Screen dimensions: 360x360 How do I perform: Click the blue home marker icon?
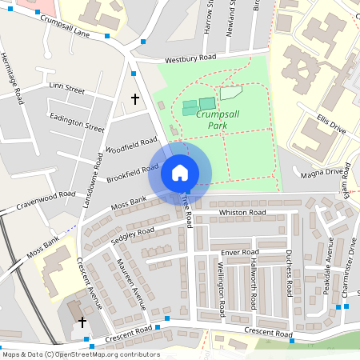(x=180, y=173)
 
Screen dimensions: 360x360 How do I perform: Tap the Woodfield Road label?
(x=130, y=144)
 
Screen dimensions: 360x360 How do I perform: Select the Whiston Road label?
(x=242, y=213)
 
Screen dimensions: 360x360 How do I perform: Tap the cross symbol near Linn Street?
(x=134, y=100)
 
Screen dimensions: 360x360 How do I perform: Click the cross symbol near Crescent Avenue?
(x=82, y=322)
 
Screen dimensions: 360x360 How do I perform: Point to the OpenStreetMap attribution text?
(x=81, y=354)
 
